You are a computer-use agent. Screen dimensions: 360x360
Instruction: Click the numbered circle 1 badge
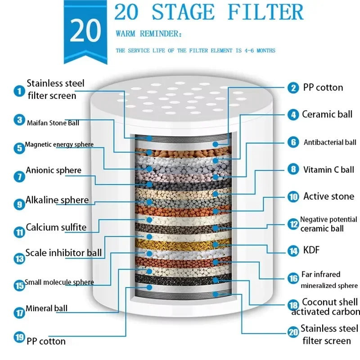pos(19,91)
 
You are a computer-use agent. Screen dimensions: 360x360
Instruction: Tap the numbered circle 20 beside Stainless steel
pos(293,333)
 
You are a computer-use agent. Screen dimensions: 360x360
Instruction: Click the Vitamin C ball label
pos(328,170)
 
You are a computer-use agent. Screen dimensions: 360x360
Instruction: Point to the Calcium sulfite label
pos(56,227)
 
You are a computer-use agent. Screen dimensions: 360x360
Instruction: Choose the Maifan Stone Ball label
pos(53,122)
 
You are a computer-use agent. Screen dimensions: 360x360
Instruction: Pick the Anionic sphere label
pos(54,171)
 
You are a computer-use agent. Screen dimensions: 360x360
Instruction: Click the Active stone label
pos(328,196)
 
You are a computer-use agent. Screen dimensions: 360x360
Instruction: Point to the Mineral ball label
pos(46,309)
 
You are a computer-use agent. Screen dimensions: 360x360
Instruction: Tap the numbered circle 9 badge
pos(19,204)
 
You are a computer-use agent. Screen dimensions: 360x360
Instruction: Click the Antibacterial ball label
pos(330,143)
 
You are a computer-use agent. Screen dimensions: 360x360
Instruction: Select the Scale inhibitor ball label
pos(63,252)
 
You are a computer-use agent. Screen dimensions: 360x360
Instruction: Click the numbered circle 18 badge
pos(293,305)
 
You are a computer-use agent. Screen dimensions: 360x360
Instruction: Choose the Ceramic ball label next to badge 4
pos(327,114)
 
